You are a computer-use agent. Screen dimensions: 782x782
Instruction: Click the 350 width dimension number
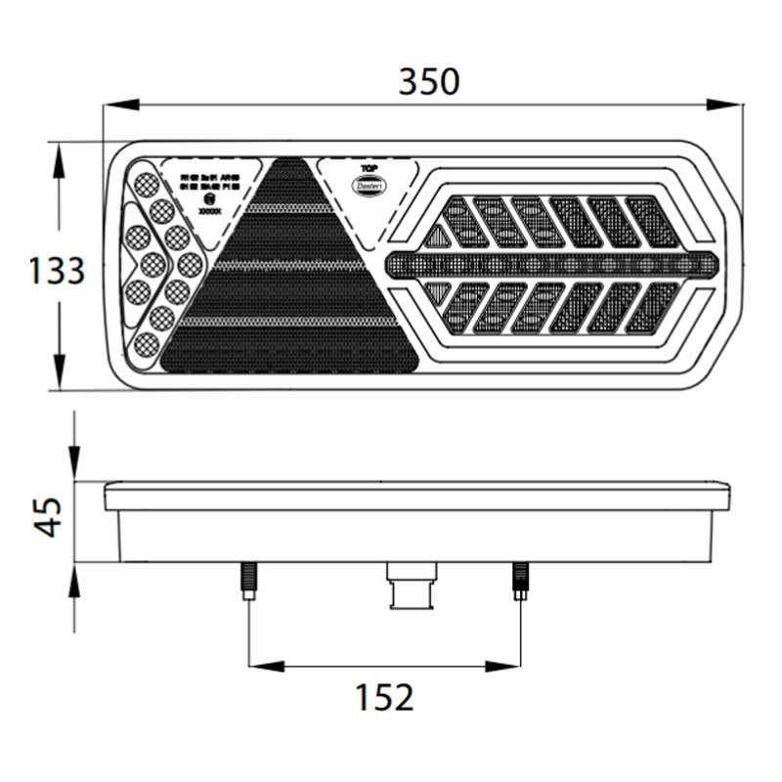(x=428, y=82)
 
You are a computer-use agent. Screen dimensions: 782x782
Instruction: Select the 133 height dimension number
(x=58, y=270)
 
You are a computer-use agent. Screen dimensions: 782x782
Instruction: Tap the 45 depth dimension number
(x=48, y=517)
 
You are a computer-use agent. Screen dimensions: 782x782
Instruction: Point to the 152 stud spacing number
(x=385, y=697)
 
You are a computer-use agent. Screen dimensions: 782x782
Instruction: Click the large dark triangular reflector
(x=290, y=283)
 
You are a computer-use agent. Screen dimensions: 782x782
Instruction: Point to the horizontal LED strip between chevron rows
(x=552, y=264)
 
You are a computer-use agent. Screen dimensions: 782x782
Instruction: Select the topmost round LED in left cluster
(x=147, y=183)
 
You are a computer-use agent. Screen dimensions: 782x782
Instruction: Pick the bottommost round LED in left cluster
(x=147, y=343)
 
